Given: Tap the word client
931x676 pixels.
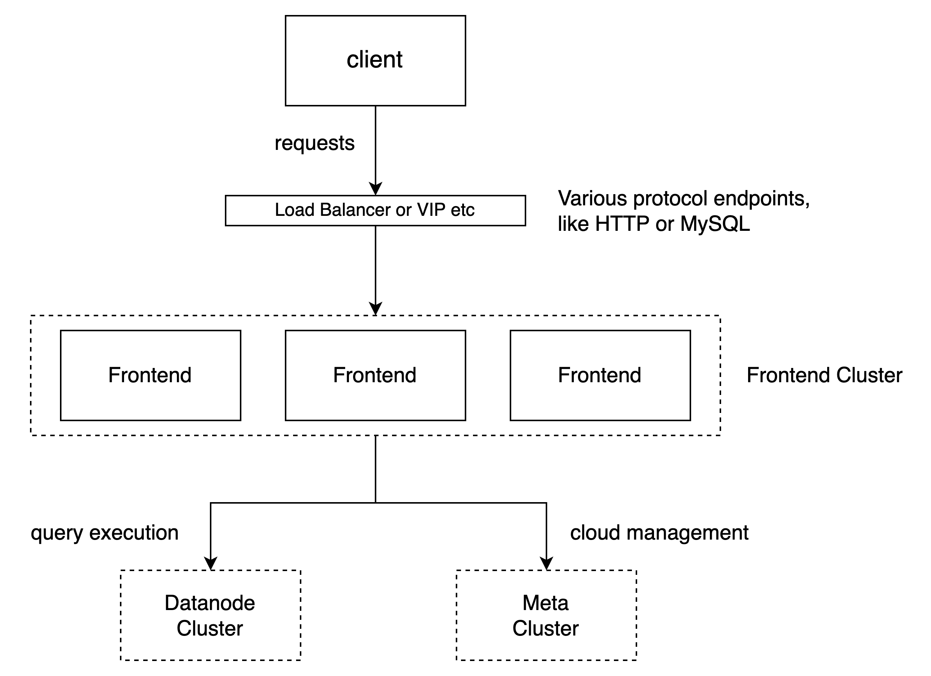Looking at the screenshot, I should pos(374,60).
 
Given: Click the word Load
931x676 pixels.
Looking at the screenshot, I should pos(294,210).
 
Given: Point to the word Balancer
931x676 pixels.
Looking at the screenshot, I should pos(355,210).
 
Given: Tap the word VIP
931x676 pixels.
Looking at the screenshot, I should pos(431,210).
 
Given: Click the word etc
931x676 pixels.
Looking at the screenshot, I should pos(463,210).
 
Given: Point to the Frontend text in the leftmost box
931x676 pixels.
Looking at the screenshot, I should pos(150,375).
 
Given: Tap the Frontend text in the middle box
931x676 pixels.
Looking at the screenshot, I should pos(375,375).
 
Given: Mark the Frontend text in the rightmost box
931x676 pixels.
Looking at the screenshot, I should pos(599,375).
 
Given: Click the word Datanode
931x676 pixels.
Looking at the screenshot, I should pos(210,603).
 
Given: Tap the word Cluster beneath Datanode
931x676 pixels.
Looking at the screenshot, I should pos(210,628).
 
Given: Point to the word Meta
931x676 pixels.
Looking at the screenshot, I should pos(546,603).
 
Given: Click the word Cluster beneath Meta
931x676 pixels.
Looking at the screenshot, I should pos(546,628).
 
